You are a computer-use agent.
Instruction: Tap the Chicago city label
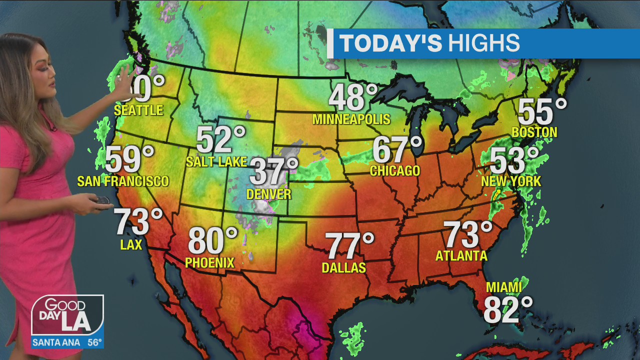point(394,170)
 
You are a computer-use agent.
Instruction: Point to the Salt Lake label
point(216,161)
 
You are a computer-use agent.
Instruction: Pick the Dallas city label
point(343,268)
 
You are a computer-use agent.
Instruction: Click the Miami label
point(503,287)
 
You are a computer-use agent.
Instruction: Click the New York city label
point(511,181)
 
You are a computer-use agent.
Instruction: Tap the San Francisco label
point(123,181)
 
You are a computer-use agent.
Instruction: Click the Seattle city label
point(138,110)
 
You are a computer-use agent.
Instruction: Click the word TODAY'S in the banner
point(390,44)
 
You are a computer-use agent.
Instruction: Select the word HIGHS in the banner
point(483,44)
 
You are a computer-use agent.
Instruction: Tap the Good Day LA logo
point(67,315)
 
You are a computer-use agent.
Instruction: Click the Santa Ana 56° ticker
point(67,342)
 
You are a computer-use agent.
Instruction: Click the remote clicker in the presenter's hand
point(103,200)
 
